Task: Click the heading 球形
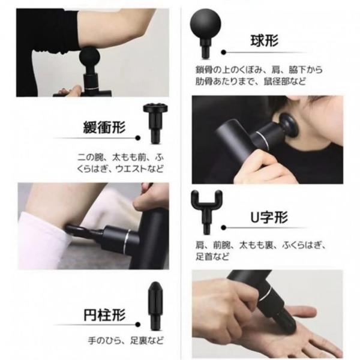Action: [x=264, y=41]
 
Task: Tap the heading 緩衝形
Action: [x=104, y=127]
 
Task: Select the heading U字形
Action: [x=269, y=217]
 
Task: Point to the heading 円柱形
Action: [x=104, y=315]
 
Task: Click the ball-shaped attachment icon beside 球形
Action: [x=205, y=32]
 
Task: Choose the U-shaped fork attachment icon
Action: [x=206, y=211]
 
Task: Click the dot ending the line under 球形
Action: [x=223, y=52]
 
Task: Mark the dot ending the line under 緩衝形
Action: [x=138, y=138]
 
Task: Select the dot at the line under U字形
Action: [x=223, y=228]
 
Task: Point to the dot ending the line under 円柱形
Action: [x=138, y=325]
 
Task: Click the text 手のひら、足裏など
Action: [x=126, y=340]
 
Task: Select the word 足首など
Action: [x=212, y=256]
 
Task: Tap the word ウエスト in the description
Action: [x=131, y=169]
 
